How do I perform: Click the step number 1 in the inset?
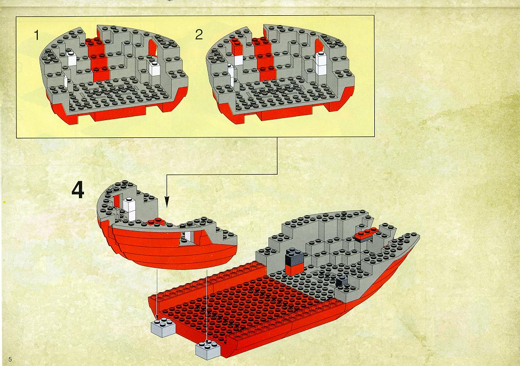[x=37, y=35]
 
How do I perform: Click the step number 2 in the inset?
[x=199, y=35]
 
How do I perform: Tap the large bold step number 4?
[x=78, y=190]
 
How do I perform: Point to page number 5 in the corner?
[x=10, y=359]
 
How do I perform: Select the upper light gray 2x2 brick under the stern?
[x=163, y=327]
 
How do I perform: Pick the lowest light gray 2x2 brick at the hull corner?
[x=208, y=350]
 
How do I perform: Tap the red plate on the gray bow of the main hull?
[x=367, y=234]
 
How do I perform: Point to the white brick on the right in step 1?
[x=154, y=69]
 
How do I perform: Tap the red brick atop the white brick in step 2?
[x=237, y=47]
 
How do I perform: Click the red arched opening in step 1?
[x=153, y=48]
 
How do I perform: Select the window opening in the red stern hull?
[x=187, y=238]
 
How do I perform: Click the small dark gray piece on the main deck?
[x=341, y=281]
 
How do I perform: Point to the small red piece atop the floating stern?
[x=155, y=221]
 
